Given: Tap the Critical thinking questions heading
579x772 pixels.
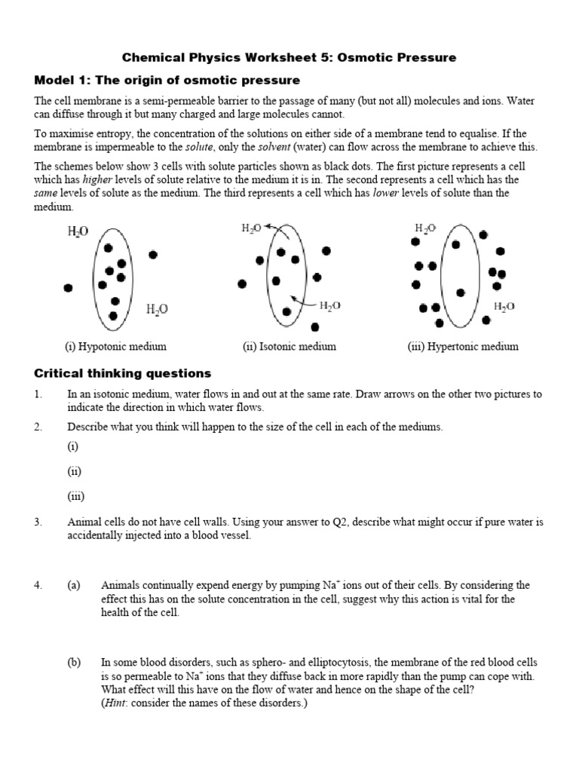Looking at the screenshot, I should (123, 373).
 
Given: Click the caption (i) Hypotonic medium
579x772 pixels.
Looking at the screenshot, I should (115, 347).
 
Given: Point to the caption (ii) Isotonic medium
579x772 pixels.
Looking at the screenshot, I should (289, 347).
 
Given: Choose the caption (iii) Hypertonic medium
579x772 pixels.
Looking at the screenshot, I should (463, 347).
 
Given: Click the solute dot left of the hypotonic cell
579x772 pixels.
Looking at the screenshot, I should (69, 288).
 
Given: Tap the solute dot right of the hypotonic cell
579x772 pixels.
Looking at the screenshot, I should (153, 255).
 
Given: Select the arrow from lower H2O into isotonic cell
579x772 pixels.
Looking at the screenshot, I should (302, 303).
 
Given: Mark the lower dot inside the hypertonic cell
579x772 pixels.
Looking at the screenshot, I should (459, 291).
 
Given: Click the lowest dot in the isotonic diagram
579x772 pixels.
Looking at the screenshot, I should (314, 326).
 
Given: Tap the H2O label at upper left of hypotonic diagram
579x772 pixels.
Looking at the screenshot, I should (78, 232).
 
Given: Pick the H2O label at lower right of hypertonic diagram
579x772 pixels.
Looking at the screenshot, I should (504, 307).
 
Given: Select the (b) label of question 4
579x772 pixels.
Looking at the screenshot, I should (73, 661).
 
